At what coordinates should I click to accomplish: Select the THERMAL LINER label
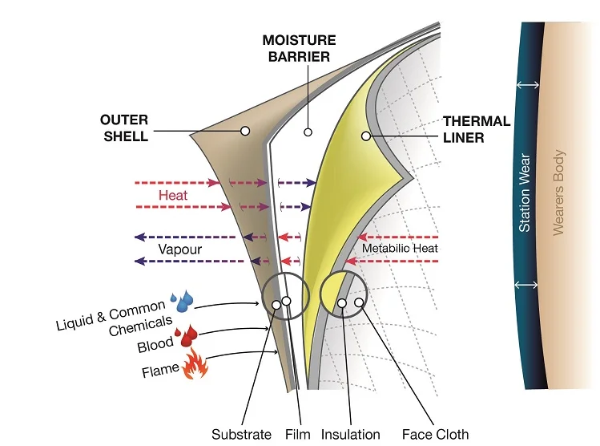pos(477,128)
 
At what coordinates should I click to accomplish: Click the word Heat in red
pos(172,194)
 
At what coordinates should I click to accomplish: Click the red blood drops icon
pos(188,335)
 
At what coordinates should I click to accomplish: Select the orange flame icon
pos(195,367)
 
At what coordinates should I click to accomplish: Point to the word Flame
pos(160,371)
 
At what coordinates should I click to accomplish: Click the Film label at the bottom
pos(297,434)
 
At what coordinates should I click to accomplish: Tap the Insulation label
pos(351,434)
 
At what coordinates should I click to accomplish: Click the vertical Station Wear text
pos(525,193)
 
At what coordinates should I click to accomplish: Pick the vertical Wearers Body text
pos(559,193)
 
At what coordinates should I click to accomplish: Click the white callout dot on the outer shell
pos(245,130)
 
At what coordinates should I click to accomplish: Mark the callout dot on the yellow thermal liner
pos(365,136)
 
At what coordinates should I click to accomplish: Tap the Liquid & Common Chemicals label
pos(111,317)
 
